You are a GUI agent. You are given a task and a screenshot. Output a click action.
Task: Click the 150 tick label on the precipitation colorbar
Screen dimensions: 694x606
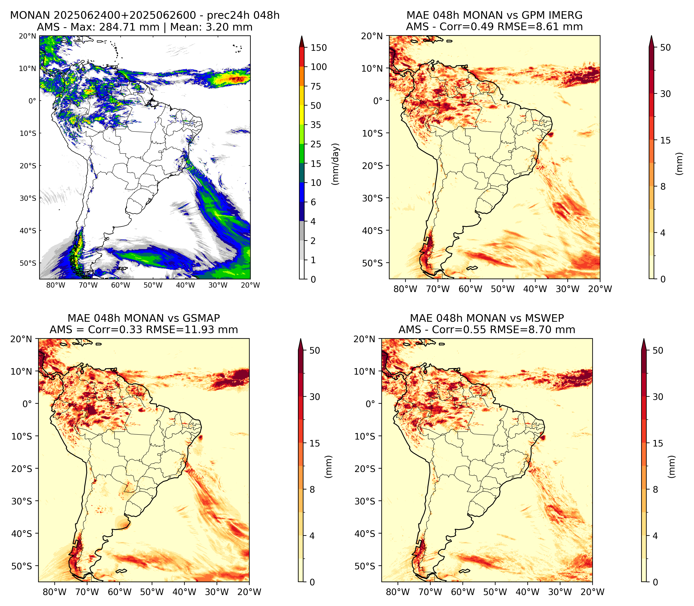(x=319, y=48)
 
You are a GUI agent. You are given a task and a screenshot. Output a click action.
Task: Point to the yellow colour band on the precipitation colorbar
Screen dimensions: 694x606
(x=302, y=115)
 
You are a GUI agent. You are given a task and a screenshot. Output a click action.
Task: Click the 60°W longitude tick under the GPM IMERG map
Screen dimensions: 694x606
(x=470, y=289)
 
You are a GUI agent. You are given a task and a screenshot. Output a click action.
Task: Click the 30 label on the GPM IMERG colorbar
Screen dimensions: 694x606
(x=665, y=94)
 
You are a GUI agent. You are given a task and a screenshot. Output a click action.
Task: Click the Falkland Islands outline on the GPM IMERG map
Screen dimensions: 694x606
(x=472, y=268)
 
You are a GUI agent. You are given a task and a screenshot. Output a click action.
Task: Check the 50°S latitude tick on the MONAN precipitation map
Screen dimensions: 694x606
(x=28, y=263)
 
